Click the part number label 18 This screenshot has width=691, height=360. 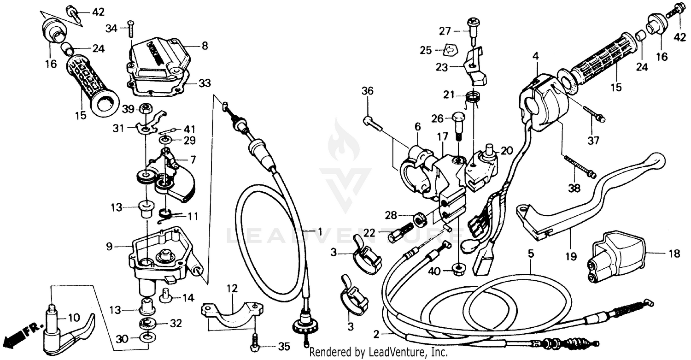pos(673,253)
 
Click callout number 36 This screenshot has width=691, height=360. pos(367,91)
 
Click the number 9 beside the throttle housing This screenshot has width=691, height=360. pos(109,247)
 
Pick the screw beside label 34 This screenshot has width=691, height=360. pos(130,28)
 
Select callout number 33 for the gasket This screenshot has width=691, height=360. pos(204,83)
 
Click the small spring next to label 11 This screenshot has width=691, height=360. pos(167,214)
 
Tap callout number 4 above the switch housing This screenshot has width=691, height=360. pos(535,56)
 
